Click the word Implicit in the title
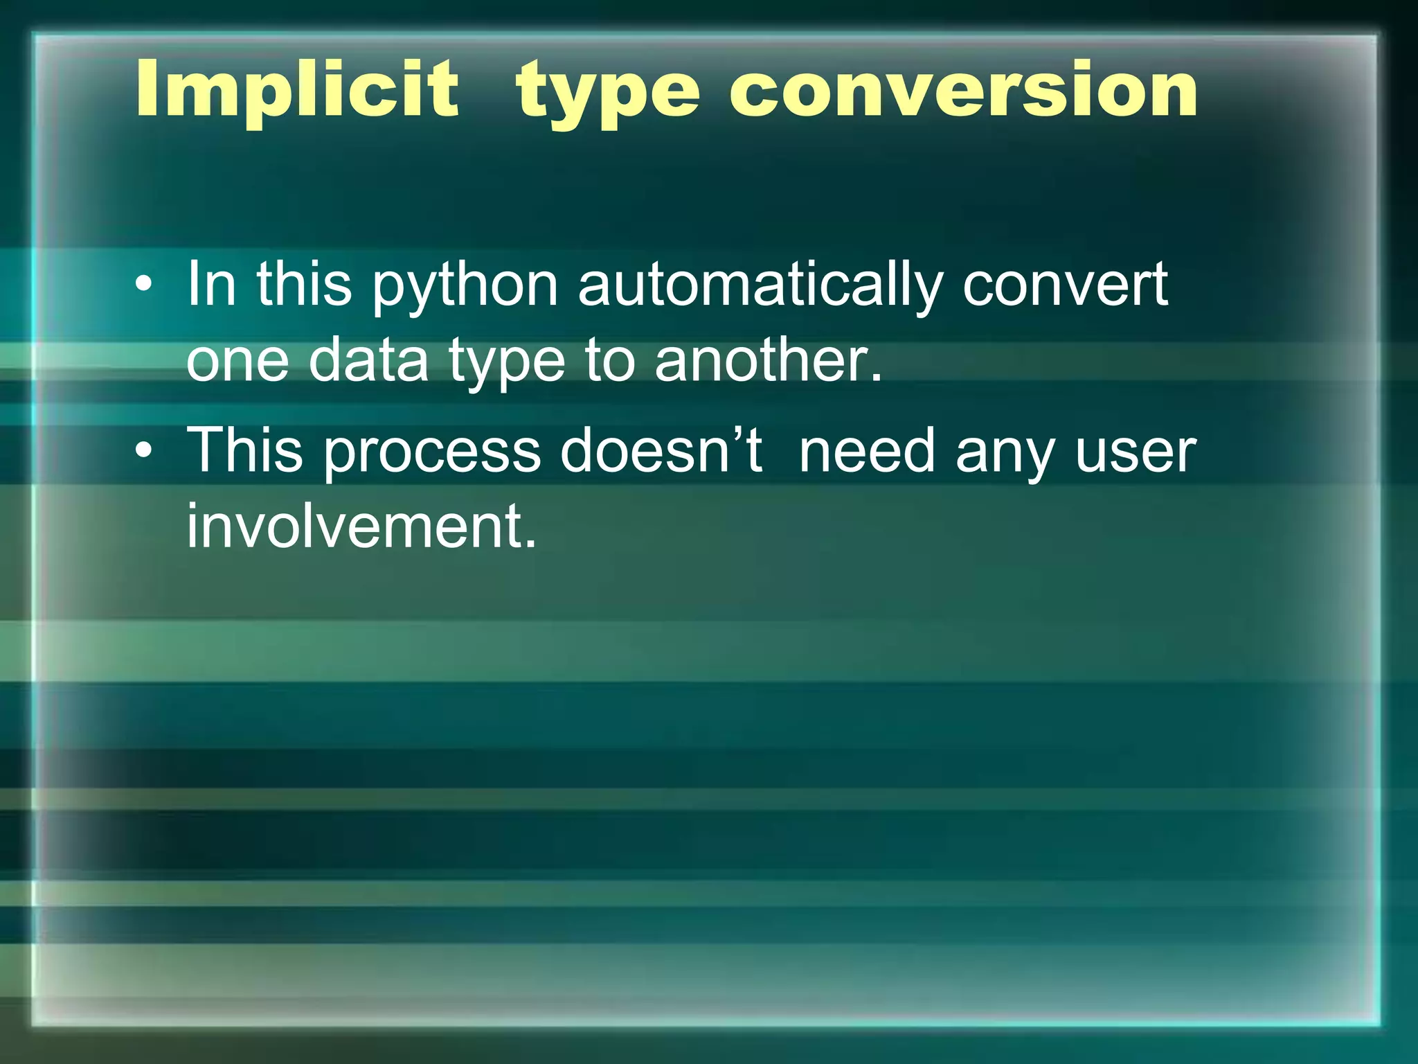296,90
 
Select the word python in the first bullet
465,285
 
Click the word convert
1065,285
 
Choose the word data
368,360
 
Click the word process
432,452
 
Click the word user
1136,452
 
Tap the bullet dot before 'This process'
143,451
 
